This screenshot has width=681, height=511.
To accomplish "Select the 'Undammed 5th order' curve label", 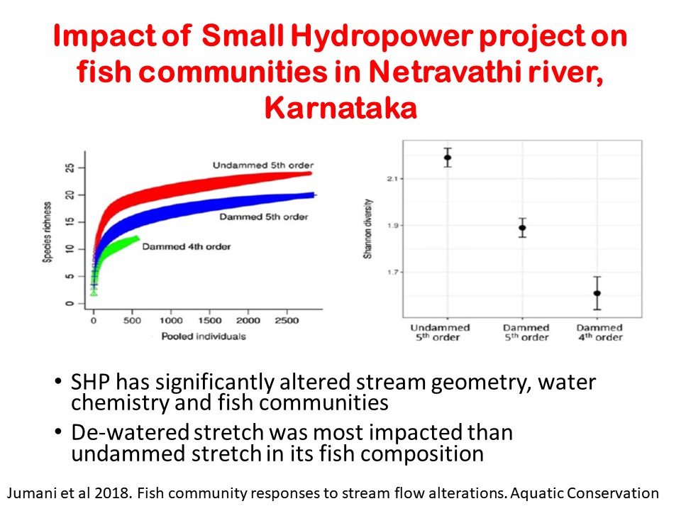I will click(x=262, y=165).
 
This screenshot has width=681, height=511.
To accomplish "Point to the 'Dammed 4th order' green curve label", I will click(x=187, y=247).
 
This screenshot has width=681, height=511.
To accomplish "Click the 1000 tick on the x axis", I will click(x=170, y=322).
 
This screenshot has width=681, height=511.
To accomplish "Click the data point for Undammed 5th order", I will click(x=448, y=158).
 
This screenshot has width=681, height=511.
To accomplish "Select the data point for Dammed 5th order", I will click(x=522, y=228).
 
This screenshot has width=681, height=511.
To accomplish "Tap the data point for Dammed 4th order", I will click(x=597, y=293).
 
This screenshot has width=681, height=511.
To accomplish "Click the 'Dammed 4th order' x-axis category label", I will click(x=599, y=333).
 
